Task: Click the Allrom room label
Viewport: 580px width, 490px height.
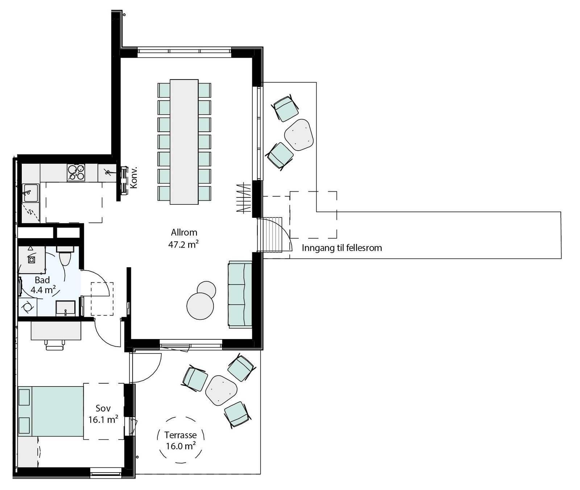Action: (184, 232)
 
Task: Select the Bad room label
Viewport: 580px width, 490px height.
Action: (42, 280)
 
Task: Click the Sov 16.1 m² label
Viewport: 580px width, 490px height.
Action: (103, 414)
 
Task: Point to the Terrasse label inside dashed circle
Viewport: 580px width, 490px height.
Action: (181, 435)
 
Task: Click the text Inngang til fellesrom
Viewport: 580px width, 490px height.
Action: (342, 248)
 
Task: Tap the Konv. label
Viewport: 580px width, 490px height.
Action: (134, 177)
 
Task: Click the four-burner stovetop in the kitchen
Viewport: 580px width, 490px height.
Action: (76, 172)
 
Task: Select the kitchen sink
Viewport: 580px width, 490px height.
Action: (30, 192)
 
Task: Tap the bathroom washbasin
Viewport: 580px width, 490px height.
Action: (66, 309)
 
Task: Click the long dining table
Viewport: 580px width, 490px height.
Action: (184, 142)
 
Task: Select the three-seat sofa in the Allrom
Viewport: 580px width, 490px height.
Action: (240, 294)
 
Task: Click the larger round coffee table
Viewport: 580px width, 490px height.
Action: (200, 306)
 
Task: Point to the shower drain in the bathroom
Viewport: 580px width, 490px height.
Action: (32, 260)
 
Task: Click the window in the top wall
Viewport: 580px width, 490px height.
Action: (184, 53)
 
